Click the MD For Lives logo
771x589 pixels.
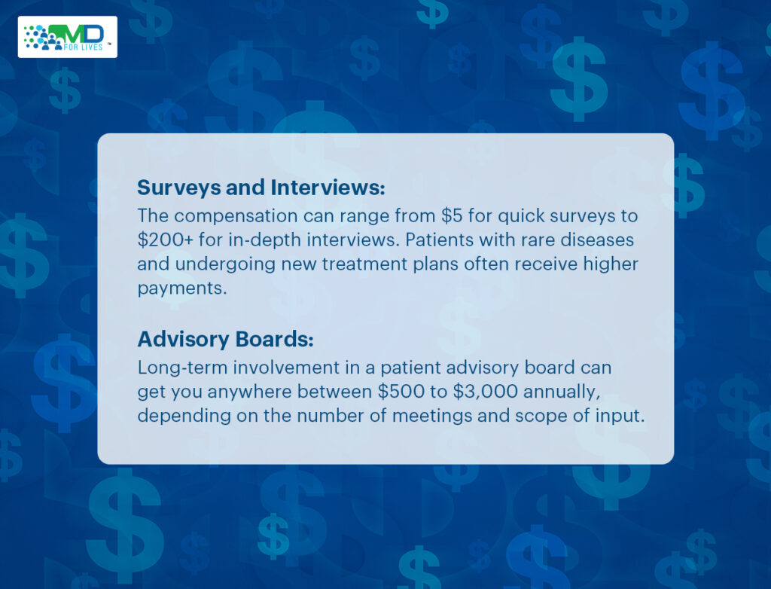click(68, 37)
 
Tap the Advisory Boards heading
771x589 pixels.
click(225, 340)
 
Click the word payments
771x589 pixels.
click(181, 288)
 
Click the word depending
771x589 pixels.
click(176, 416)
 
